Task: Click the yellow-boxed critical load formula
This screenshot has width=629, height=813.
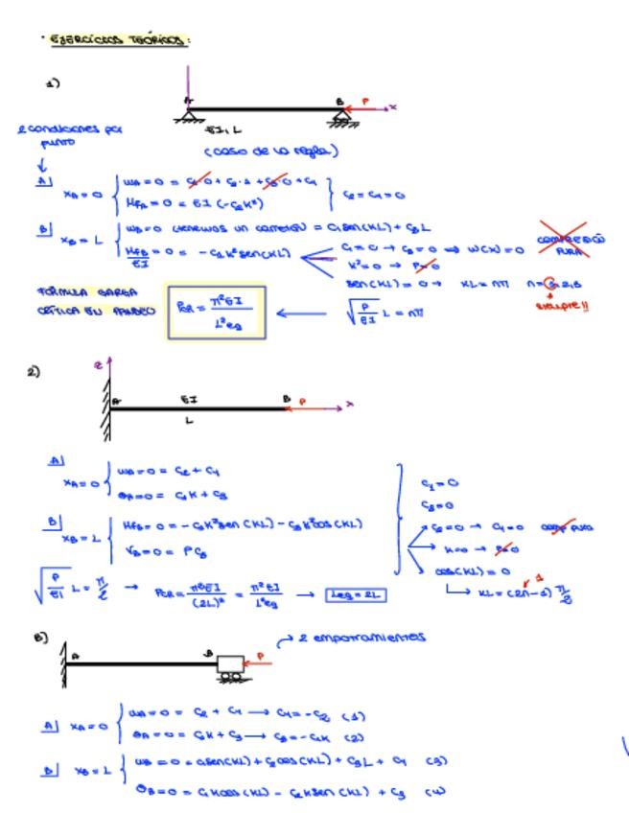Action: (x=216, y=312)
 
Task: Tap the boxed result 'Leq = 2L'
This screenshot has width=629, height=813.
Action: (x=356, y=594)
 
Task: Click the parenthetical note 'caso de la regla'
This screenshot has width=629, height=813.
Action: (x=271, y=151)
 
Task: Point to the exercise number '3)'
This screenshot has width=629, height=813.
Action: (x=40, y=637)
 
